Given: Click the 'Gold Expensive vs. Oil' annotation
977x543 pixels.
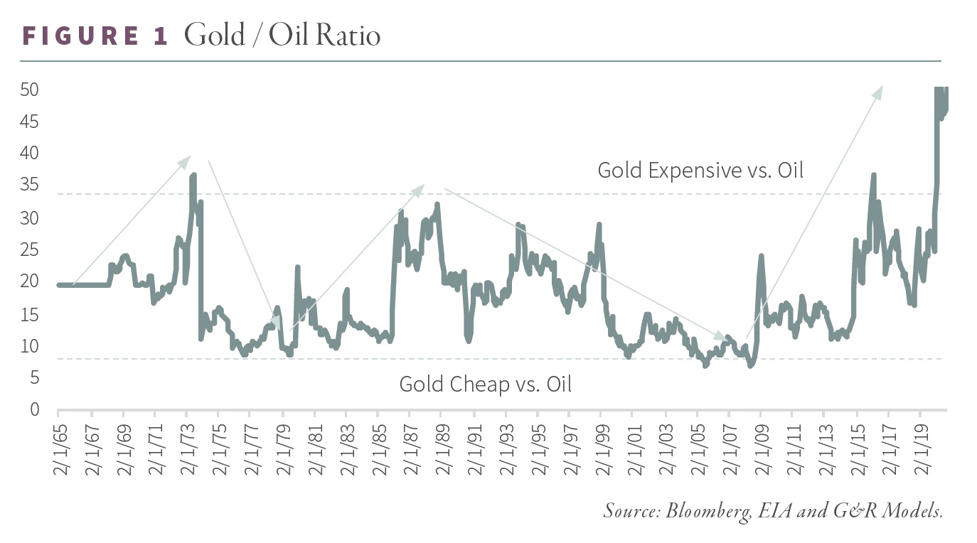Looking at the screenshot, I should click(700, 171).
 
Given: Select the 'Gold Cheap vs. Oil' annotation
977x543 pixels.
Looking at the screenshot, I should click(485, 385).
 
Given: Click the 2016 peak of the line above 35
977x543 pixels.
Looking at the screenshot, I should click(873, 175).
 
